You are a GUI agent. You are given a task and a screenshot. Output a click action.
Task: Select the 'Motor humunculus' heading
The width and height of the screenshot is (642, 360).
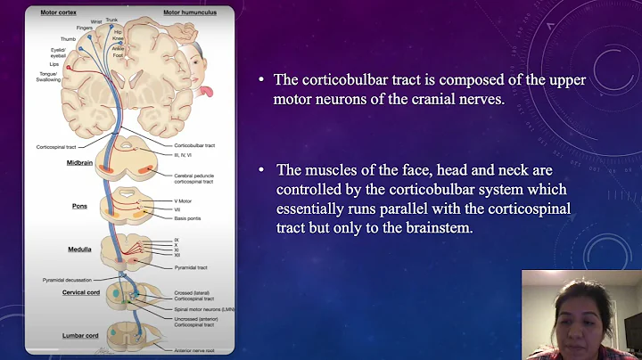185,13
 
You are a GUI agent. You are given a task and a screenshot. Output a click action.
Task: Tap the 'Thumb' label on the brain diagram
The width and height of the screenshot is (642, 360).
68,39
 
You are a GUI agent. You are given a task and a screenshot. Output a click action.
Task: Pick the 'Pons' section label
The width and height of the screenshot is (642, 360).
80,206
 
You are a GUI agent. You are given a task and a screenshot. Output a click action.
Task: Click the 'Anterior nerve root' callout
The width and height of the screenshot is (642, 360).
191,353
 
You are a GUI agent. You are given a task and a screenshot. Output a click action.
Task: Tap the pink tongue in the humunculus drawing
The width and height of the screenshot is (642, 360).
206,92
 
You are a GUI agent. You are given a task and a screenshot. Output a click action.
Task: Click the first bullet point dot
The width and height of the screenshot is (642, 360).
261,79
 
